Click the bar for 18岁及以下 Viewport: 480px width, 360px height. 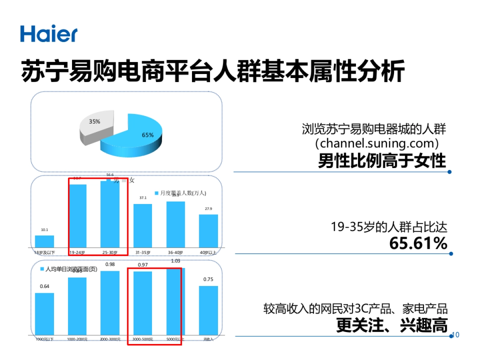pyautogui.click(x=44, y=241)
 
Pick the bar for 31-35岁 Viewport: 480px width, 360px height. pyautogui.click(x=143, y=226)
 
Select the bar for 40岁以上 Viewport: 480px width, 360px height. pyautogui.click(x=208, y=231)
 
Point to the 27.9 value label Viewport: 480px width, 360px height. pyautogui.click(x=208, y=209)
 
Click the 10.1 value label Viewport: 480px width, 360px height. pyautogui.click(x=44, y=230)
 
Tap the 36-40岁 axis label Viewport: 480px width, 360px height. pyautogui.click(x=176, y=252)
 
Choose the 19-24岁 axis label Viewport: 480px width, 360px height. pyautogui.click(x=77, y=252)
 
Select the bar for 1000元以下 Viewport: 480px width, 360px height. pyautogui.click(x=44, y=314)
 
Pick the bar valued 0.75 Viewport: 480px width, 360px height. pyautogui.click(x=208, y=310)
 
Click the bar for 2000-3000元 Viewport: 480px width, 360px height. pyautogui.click(x=110, y=303)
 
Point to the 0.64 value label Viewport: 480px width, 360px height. pyautogui.click(x=44, y=286)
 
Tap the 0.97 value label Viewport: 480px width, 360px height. pyautogui.click(x=143, y=265)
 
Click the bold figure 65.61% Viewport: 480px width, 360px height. pyautogui.click(x=418, y=243)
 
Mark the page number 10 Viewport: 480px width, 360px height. pyautogui.click(x=455, y=335)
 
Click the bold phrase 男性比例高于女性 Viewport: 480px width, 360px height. pyautogui.click(x=382, y=161)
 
